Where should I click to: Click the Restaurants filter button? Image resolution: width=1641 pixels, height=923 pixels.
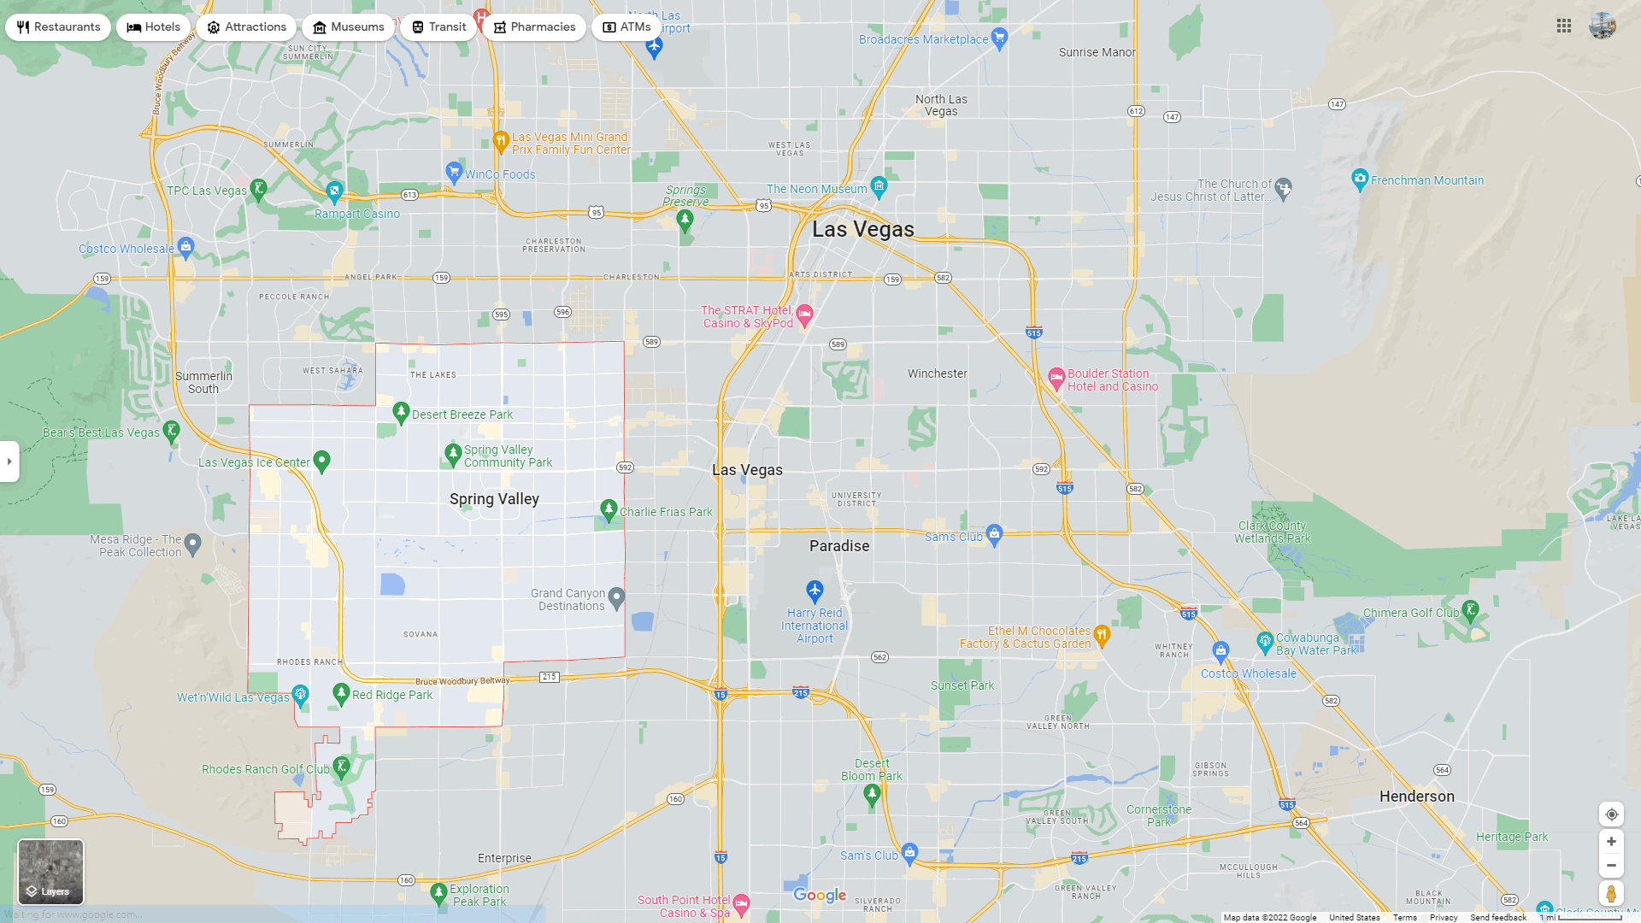click(x=58, y=27)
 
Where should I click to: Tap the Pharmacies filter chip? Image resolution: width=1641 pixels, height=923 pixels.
click(x=534, y=27)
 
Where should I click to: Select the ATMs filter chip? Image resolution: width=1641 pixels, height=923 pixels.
click(x=627, y=27)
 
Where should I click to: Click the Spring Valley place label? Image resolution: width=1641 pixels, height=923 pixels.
click(x=494, y=499)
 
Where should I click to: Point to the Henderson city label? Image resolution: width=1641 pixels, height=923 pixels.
click(x=1416, y=797)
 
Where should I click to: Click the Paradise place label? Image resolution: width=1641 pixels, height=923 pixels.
click(x=838, y=546)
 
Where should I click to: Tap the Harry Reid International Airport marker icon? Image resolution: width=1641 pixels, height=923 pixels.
click(x=815, y=591)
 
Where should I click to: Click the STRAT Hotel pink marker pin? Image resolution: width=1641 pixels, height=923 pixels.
click(x=804, y=315)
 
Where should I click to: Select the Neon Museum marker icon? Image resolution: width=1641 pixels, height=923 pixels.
click(x=879, y=185)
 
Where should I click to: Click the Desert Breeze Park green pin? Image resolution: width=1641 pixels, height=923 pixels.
click(x=401, y=413)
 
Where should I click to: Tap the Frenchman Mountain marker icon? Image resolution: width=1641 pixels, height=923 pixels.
click(x=1360, y=179)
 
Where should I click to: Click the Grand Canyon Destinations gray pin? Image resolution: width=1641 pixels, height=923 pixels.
click(x=617, y=598)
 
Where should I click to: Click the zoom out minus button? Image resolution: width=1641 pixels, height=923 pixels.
click(x=1611, y=866)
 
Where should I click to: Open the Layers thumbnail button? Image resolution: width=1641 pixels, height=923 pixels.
click(x=50, y=872)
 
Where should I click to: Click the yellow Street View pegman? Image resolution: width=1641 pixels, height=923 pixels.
click(x=1611, y=894)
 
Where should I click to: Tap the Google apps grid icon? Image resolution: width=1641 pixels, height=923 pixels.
click(x=1564, y=26)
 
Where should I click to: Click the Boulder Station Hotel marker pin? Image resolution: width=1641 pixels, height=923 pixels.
click(x=1056, y=377)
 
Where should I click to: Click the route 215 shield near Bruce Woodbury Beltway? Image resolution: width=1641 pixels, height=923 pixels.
click(x=549, y=677)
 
